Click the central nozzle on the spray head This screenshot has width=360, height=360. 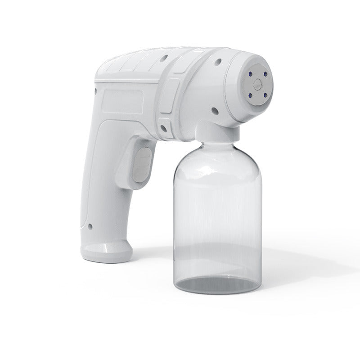tap(257, 84)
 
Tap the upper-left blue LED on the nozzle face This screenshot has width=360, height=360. tap(251, 73)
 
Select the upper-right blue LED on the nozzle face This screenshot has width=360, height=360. tap(265, 74)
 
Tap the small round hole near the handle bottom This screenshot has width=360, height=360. tap(91, 227)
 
